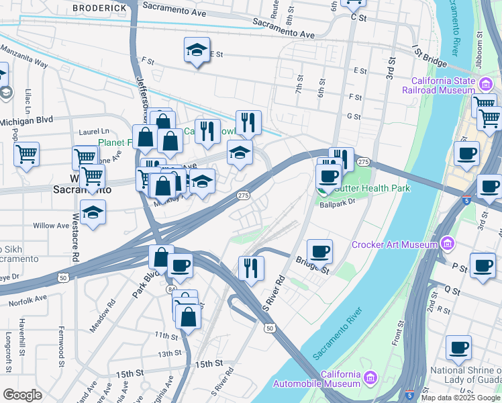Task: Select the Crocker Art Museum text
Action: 394,244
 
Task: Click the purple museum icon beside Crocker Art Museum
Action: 448,243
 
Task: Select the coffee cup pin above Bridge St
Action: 319,251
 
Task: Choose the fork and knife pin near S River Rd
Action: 251,268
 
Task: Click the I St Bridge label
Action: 430,57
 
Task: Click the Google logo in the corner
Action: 22,395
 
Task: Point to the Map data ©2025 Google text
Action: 460,397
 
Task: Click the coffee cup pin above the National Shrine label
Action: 458,348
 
